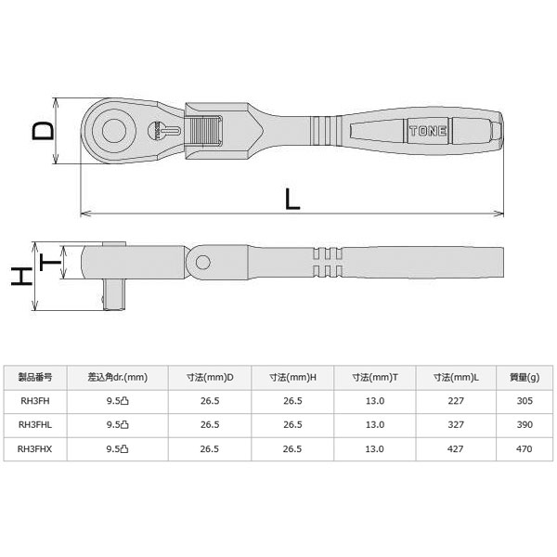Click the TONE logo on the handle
(x=428, y=131)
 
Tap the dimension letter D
(x=44, y=130)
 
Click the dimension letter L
(x=292, y=199)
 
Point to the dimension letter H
(x=21, y=277)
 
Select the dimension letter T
(x=50, y=262)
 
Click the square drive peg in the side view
(x=114, y=294)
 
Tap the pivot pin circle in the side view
(x=202, y=263)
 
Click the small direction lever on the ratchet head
(x=164, y=131)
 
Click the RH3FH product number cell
(x=35, y=401)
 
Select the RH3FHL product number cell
(x=35, y=425)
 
